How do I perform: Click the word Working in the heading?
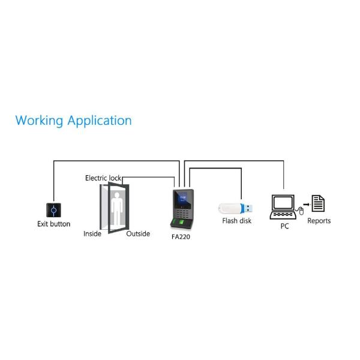tap(39, 121)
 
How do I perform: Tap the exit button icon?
tap(54, 210)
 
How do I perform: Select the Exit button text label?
tap(54, 224)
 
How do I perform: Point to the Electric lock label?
tap(103, 178)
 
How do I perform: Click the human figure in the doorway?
tap(117, 207)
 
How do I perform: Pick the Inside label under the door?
tap(92, 234)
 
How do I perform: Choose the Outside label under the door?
tap(138, 234)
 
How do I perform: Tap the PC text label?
tap(284, 226)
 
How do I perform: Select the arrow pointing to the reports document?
tap(305, 203)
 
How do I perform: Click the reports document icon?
tap(318, 203)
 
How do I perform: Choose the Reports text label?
tap(319, 221)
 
